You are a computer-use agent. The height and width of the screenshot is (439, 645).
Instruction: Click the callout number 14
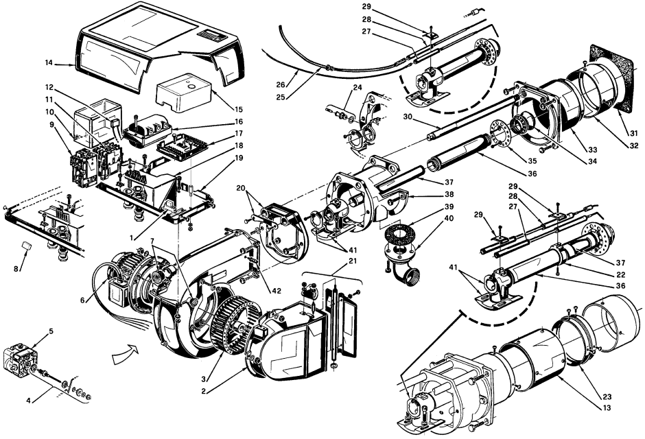tap(49, 63)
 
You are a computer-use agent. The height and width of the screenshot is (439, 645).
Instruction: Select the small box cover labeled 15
tap(183, 93)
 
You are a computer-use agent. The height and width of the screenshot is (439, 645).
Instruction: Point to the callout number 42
tap(277, 291)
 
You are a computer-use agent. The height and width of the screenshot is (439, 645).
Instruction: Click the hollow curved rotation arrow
tap(125, 355)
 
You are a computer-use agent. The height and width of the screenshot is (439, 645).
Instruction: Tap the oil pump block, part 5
tap(20, 361)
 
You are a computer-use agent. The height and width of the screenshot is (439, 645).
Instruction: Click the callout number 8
tap(16, 270)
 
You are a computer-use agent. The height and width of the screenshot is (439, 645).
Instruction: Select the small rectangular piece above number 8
tap(27, 246)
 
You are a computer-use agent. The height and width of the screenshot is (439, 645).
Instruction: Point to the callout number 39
tap(449, 206)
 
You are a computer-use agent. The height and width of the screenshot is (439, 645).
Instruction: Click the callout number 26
tap(280, 85)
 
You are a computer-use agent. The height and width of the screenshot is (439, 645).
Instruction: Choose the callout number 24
tap(357, 88)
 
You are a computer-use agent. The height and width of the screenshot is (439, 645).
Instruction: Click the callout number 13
tap(607, 408)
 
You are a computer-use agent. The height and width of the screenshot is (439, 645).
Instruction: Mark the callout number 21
tap(353, 261)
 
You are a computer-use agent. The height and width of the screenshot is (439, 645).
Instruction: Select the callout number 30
tap(408, 117)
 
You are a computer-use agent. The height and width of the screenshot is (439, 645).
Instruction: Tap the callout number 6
tap(82, 300)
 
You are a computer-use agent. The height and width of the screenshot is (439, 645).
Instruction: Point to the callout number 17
tap(238, 133)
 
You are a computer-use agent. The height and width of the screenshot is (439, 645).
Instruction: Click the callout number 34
tap(592, 162)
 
